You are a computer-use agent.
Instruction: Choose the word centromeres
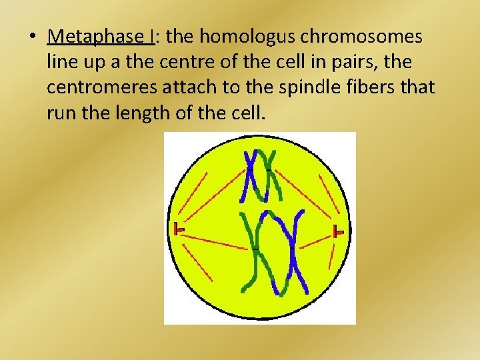pyautogui.click(x=99, y=87)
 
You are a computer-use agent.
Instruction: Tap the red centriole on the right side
pyautogui.click(x=339, y=232)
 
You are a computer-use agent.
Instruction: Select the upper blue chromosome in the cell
pyautogui.click(x=252, y=175)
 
